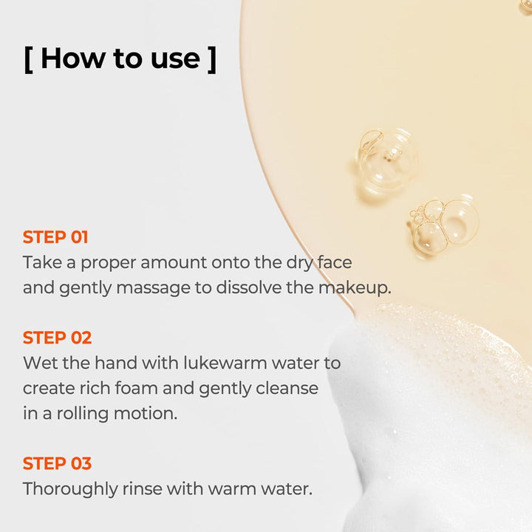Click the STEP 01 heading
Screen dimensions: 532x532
(x=55, y=237)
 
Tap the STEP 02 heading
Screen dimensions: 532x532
(x=57, y=338)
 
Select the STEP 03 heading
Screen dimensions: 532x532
(x=57, y=463)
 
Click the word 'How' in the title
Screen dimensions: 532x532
(x=73, y=58)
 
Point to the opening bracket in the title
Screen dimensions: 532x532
(x=29, y=60)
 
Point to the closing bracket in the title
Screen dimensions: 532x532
(x=212, y=60)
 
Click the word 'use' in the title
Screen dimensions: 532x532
(x=175, y=61)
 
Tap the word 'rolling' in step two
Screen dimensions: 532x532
(x=83, y=414)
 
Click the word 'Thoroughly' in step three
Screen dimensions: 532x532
(x=70, y=489)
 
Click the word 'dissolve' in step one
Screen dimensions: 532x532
(x=249, y=287)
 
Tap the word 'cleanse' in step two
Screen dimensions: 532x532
(x=287, y=388)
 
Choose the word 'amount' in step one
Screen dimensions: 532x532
(x=174, y=263)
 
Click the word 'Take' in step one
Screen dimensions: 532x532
(x=42, y=262)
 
